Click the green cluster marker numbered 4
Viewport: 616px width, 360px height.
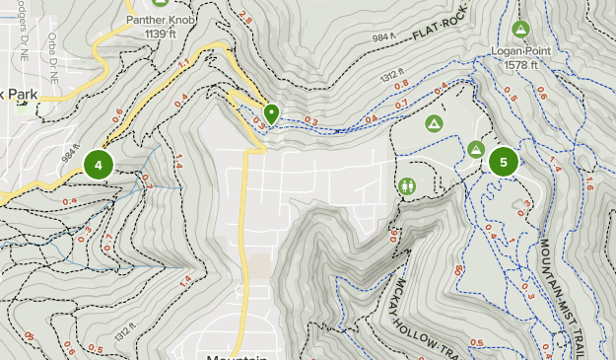click(x=99, y=165)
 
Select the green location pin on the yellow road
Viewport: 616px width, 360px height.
click(x=270, y=114)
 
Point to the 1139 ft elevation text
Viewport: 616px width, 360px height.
click(x=159, y=33)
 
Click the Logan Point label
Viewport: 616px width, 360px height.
click(x=520, y=50)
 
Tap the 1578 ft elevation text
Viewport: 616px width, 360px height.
click(x=520, y=64)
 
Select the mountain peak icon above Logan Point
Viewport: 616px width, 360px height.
click(x=520, y=29)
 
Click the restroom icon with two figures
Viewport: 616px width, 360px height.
click(x=408, y=185)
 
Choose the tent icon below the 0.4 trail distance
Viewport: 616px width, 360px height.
click(x=433, y=123)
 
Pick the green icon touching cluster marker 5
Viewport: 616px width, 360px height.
click(x=476, y=149)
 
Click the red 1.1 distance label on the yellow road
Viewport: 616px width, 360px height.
click(x=183, y=64)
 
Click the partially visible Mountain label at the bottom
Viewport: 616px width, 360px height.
click(x=237, y=357)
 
